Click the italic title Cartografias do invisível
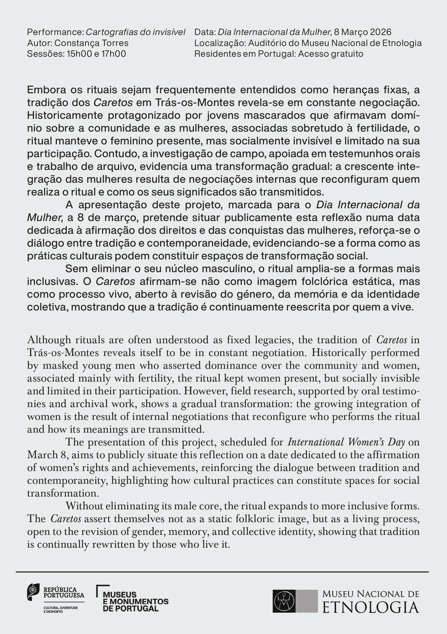pos(135,32)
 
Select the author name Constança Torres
pos(91,43)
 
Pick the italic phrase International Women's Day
pos(346,442)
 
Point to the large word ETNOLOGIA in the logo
pos(371,608)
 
